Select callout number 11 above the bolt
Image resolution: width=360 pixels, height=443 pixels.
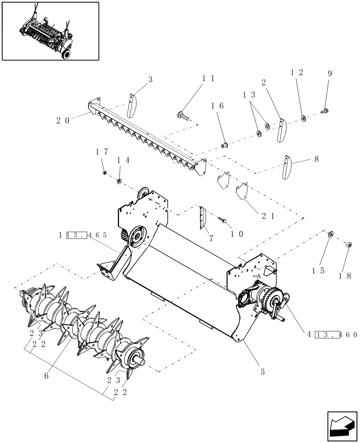coord(208,78)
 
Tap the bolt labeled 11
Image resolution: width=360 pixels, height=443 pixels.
coord(183,117)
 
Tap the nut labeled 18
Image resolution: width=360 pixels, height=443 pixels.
coord(349,244)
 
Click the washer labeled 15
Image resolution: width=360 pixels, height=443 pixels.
coord(330,234)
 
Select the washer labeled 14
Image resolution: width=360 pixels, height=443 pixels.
coord(119,181)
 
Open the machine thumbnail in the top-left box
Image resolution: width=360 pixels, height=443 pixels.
coord(50,31)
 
